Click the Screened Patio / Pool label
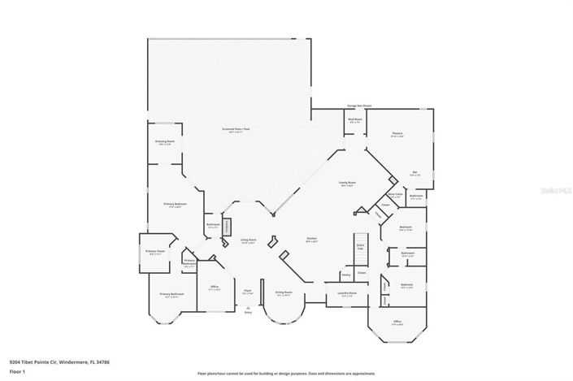pos(235,129)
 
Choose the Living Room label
pos(248,240)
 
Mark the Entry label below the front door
pos(248,312)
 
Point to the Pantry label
pos(346,275)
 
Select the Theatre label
pos(398,134)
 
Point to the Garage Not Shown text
pos(358,106)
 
